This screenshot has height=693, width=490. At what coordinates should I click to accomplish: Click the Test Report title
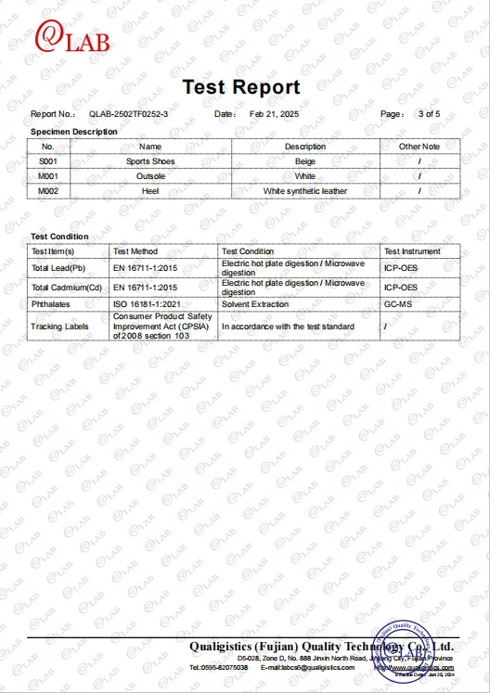pyautogui.click(x=241, y=87)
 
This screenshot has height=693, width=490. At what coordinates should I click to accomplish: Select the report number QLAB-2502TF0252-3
pyautogui.click(x=129, y=113)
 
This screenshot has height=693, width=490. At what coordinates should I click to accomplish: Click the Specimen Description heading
pyautogui.click(x=74, y=132)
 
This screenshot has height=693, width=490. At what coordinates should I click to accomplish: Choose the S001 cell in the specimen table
pyautogui.click(x=48, y=161)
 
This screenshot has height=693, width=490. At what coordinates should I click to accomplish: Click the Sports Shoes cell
pyautogui.click(x=150, y=161)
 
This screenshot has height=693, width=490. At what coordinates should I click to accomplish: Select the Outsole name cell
pyautogui.click(x=150, y=176)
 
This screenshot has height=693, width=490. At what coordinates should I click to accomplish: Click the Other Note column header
pyautogui.click(x=419, y=147)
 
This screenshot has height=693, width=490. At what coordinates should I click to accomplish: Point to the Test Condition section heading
pyautogui.click(x=60, y=237)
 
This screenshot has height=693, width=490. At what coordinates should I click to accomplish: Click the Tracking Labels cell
pyautogui.click(x=59, y=327)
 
